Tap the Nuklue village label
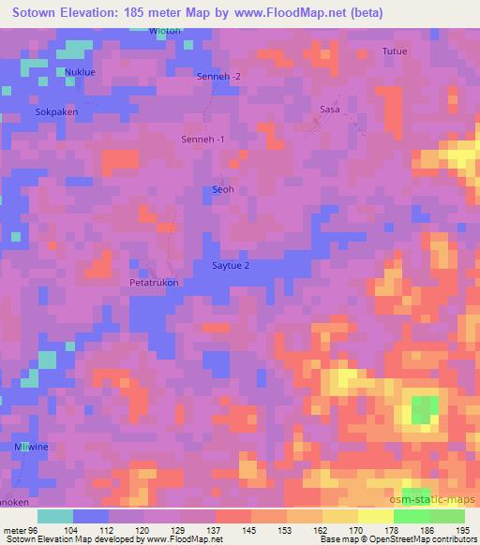click(x=79, y=71)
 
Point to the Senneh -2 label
click(x=218, y=76)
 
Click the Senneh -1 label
click(x=202, y=140)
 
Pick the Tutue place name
click(x=395, y=52)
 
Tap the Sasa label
click(x=329, y=110)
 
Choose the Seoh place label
click(x=222, y=189)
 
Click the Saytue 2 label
click(x=230, y=266)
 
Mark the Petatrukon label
click(x=153, y=282)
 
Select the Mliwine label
click(x=31, y=448)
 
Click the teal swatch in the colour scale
click(x=55, y=516)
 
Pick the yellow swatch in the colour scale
click(x=376, y=516)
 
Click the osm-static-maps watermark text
click(x=439, y=500)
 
